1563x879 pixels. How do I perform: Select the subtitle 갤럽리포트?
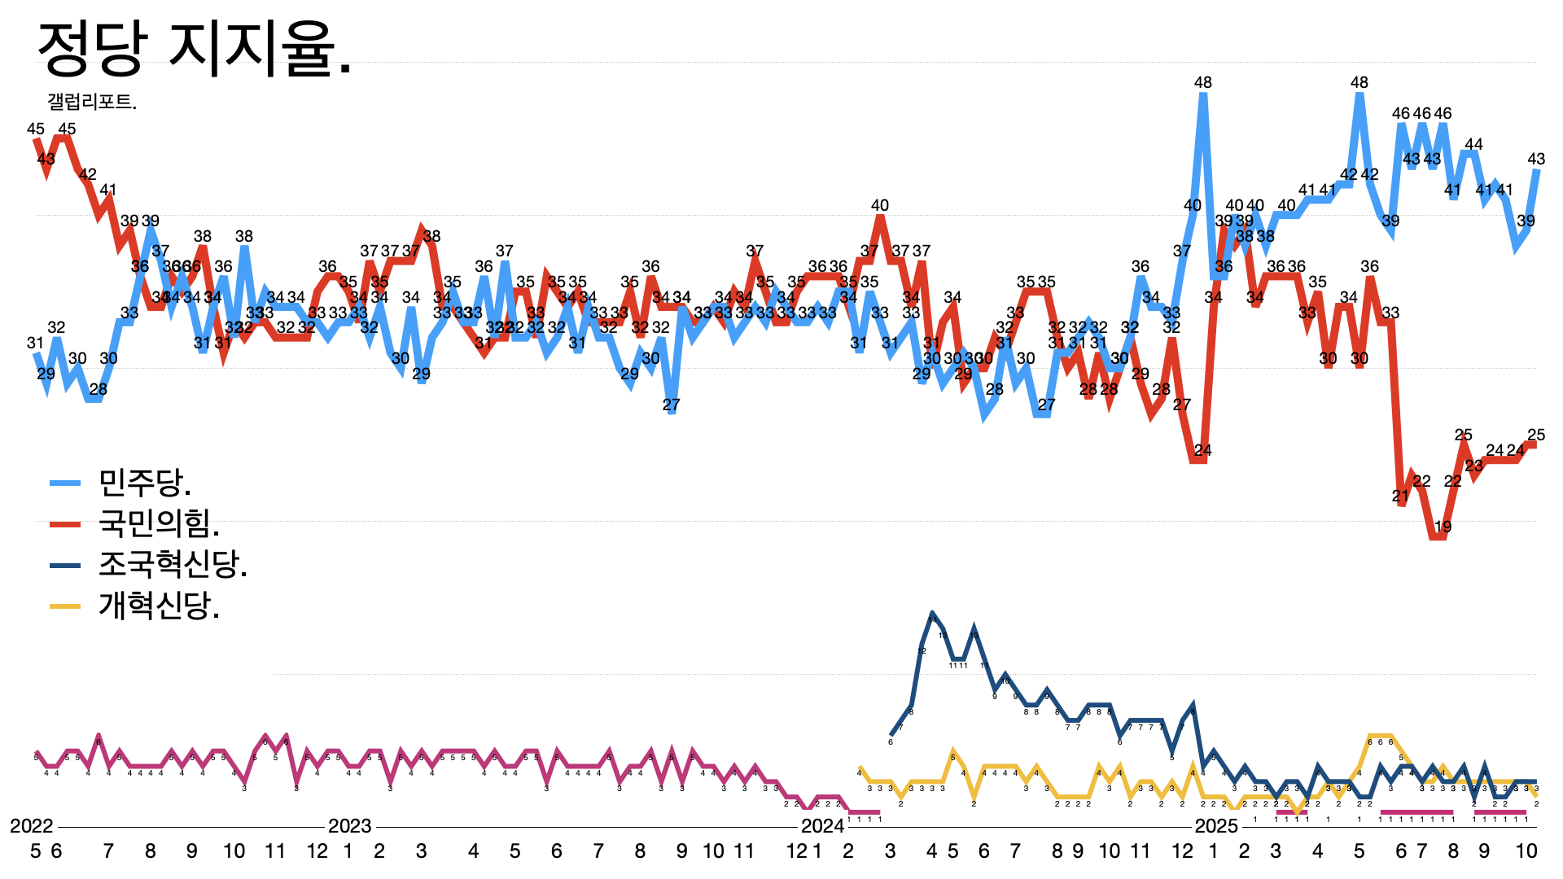click(x=92, y=102)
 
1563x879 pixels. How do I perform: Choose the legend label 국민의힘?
click(x=159, y=523)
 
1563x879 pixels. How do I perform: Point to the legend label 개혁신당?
click(x=159, y=606)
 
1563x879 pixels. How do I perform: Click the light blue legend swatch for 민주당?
click(x=65, y=483)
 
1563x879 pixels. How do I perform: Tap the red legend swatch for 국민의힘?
click(x=65, y=524)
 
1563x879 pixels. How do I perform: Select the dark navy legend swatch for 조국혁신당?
click(x=65, y=565)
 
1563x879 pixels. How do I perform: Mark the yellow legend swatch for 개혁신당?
click(x=65, y=606)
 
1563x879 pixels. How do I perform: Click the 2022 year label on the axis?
click(x=31, y=826)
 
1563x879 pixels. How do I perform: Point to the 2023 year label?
click(x=349, y=826)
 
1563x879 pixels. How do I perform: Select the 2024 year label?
click(x=822, y=826)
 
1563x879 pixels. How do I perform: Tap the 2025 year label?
click(x=1215, y=826)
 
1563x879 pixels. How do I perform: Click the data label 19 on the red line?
click(x=1443, y=527)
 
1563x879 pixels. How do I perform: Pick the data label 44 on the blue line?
click(x=1473, y=145)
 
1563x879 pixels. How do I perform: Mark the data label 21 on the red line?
click(x=1400, y=496)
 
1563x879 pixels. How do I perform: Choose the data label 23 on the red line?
click(x=1473, y=466)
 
